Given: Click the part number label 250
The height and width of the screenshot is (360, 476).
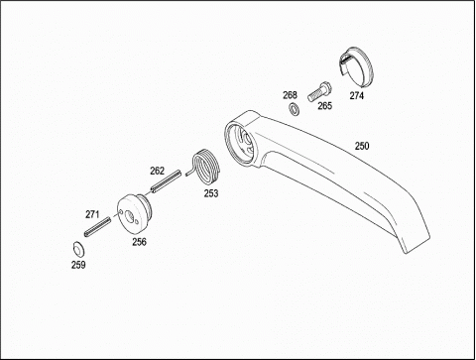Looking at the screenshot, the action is (362, 146).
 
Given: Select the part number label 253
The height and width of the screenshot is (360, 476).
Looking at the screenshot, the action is (211, 193).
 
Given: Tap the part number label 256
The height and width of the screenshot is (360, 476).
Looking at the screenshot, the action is (139, 242).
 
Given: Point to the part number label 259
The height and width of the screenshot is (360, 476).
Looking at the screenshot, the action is (78, 265).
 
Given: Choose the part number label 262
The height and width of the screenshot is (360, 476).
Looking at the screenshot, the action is (157, 171).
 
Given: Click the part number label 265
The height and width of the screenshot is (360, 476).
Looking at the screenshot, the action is (324, 106).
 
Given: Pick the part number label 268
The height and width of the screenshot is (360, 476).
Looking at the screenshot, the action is (290, 95).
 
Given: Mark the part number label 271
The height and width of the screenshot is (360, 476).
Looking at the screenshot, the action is (92, 214).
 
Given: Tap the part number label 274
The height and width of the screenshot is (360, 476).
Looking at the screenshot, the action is (357, 96).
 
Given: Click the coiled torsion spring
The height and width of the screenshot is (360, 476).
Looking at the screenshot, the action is (205, 167).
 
